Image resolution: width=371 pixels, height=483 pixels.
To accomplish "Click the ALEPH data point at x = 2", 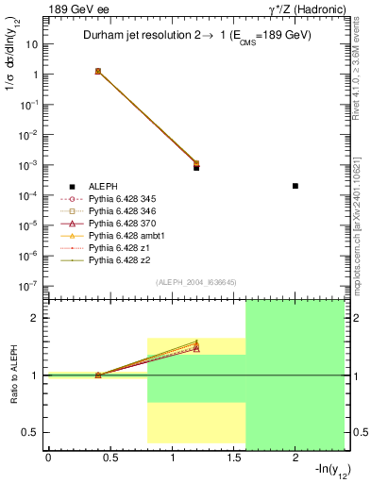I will tap(295, 186).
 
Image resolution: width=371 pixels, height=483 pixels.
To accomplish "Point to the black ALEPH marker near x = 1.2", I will tap(196, 167).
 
